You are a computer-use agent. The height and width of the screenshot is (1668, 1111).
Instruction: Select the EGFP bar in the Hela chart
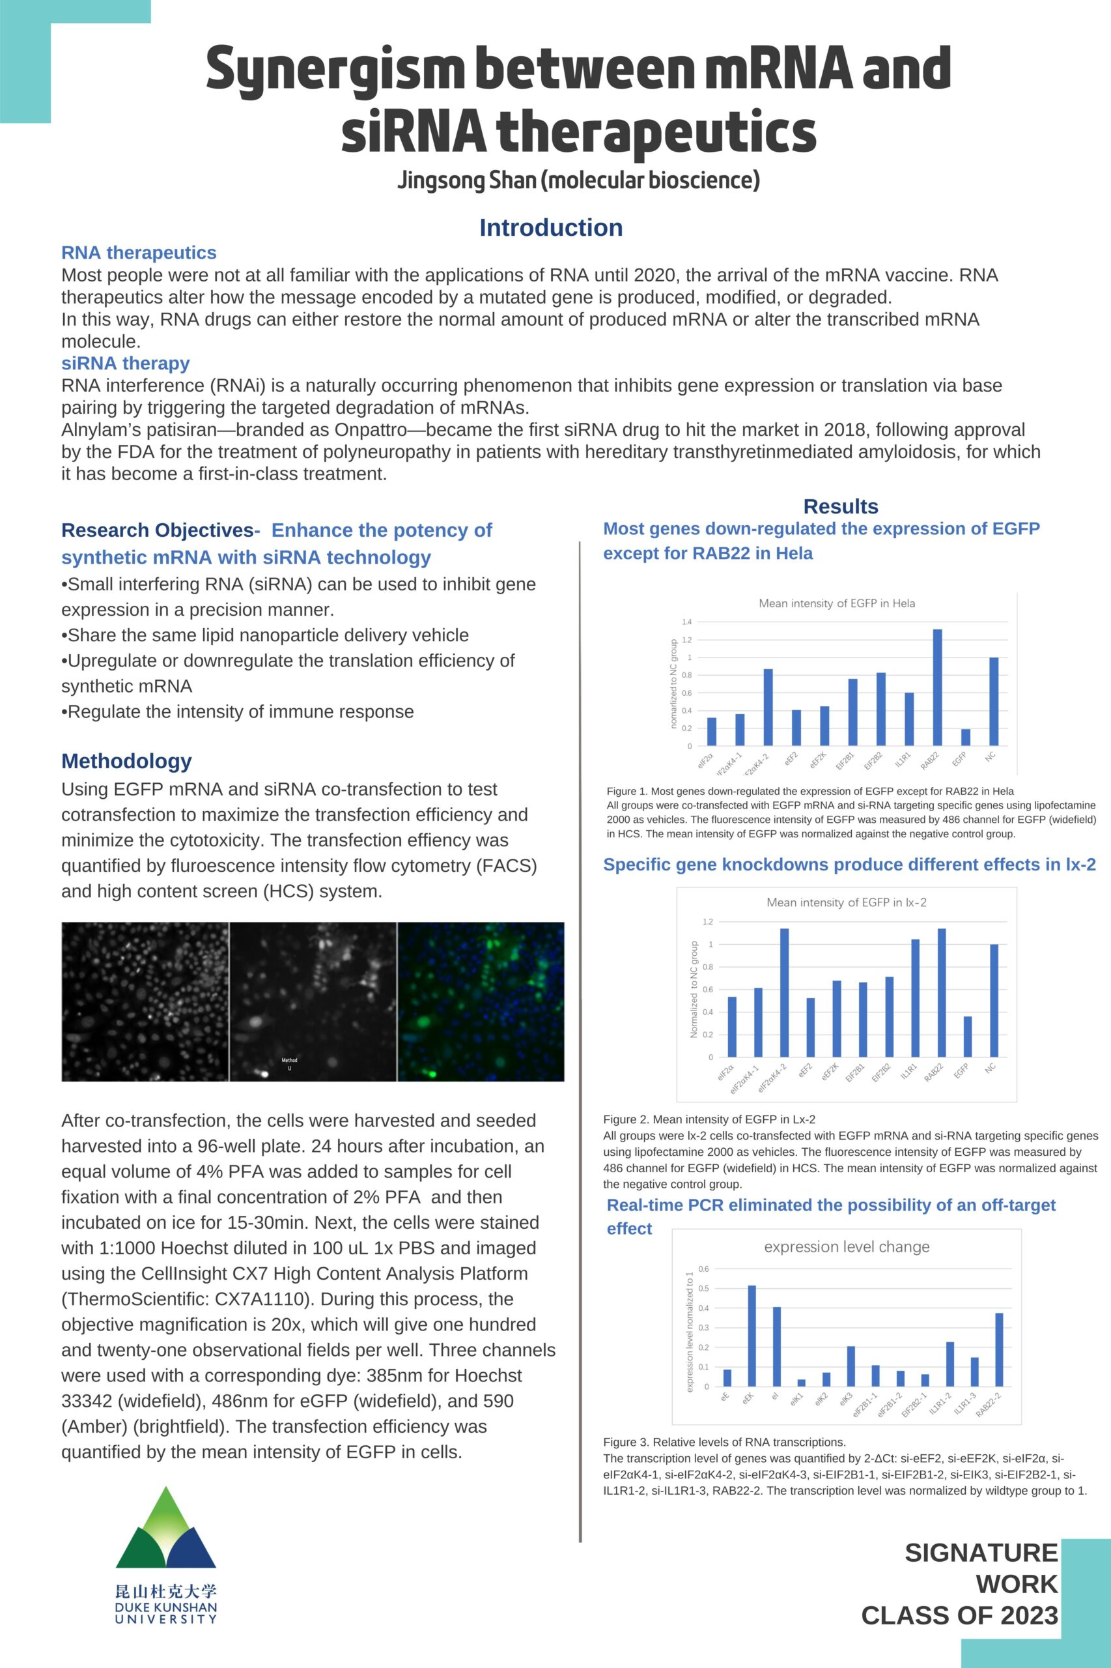click(x=966, y=737)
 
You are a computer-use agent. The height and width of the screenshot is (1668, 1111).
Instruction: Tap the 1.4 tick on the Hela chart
click(x=686, y=622)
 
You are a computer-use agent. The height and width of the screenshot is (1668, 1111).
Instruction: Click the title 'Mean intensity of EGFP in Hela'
click(x=837, y=603)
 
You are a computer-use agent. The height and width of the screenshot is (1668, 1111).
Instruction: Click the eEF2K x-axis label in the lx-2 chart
click(x=830, y=1071)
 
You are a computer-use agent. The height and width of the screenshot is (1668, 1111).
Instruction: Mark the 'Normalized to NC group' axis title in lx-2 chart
click(x=694, y=990)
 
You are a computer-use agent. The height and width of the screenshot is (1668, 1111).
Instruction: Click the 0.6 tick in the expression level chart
click(x=703, y=1268)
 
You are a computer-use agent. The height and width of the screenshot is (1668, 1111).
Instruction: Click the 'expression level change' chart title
click(x=847, y=1246)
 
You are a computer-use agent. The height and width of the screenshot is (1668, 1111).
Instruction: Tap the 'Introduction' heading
click(x=550, y=227)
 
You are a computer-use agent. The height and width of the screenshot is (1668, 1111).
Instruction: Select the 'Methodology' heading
click(x=126, y=760)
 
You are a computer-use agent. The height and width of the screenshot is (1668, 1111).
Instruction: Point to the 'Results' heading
click(x=840, y=506)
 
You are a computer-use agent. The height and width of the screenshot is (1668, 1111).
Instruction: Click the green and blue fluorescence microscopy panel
click(x=481, y=1001)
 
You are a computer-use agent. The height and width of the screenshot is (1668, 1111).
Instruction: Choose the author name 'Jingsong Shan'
click(x=466, y=180)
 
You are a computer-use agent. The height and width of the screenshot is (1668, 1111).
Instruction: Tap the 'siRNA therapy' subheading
click(x=126, y=363)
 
